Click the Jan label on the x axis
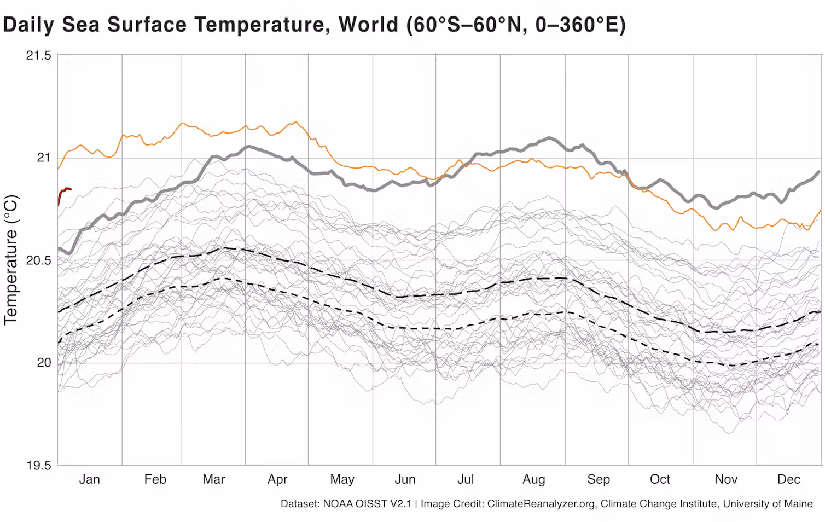89,479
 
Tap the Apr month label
277,479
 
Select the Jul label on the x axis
466,479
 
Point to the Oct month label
660,479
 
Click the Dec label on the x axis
788,479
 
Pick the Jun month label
405,479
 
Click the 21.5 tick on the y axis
38,55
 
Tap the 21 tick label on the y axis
43,158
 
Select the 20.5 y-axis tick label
38,260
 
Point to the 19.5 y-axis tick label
38,466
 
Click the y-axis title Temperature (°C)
11,260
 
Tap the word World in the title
368,25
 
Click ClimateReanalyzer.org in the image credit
541,503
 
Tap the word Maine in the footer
798,503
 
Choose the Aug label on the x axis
533,479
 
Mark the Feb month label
155,479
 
